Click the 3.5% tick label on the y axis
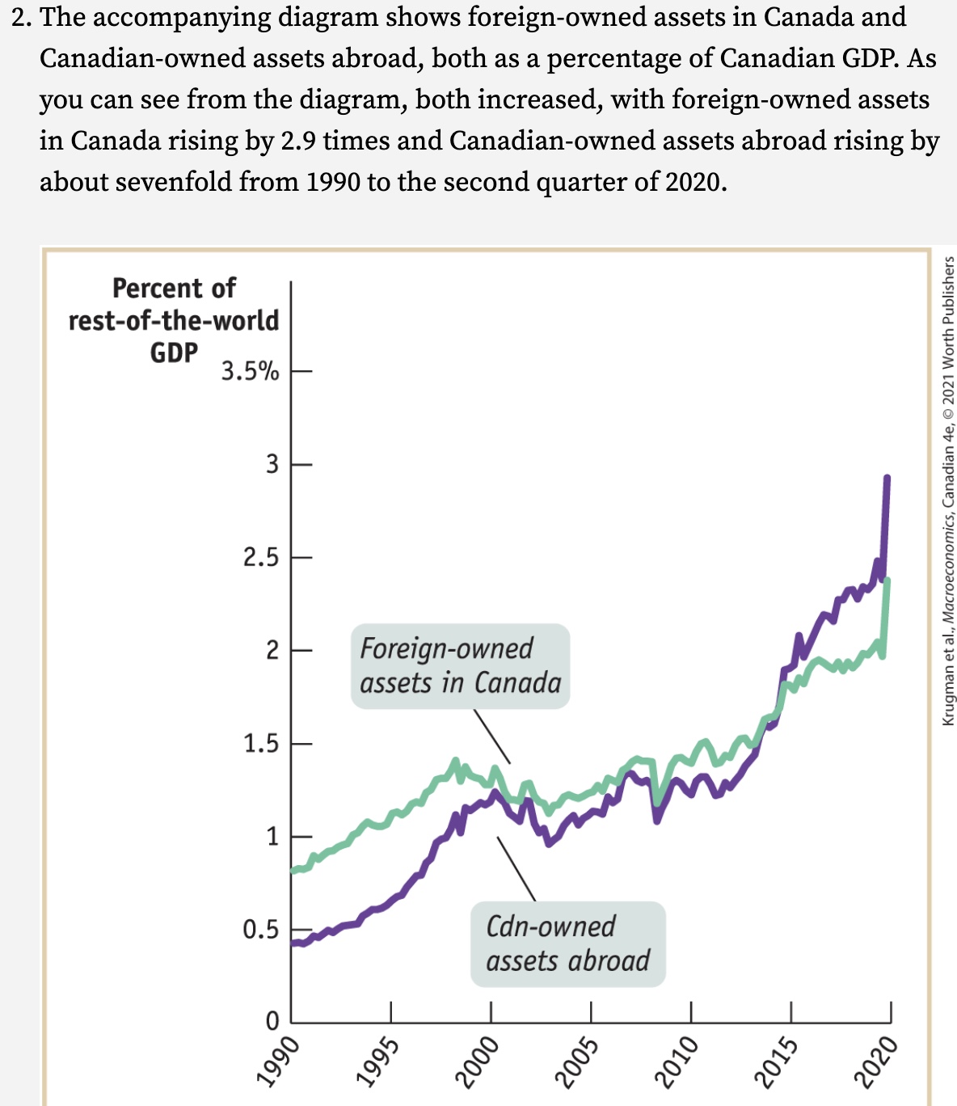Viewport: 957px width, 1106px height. [x=250, y=372]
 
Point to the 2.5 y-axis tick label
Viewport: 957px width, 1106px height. [x=261, y=558]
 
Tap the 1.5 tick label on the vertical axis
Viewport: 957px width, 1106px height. [x=261, y=744]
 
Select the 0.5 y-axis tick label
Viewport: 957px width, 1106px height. [x=261, y=930]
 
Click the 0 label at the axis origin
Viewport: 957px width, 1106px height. [x=272, y=1020]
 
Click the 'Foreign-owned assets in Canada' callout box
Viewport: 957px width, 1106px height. [x=460, y=666]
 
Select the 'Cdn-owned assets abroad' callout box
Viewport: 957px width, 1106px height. [x=567, y=944]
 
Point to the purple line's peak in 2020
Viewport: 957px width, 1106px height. [x=887, y=478]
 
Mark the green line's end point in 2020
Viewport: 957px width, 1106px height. [x=888, y=580]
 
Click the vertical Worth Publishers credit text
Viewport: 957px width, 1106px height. [x=948, y=490]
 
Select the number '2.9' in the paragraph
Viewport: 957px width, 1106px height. [x=298, y=141]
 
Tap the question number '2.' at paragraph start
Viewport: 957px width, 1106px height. [x=22, y=17]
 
